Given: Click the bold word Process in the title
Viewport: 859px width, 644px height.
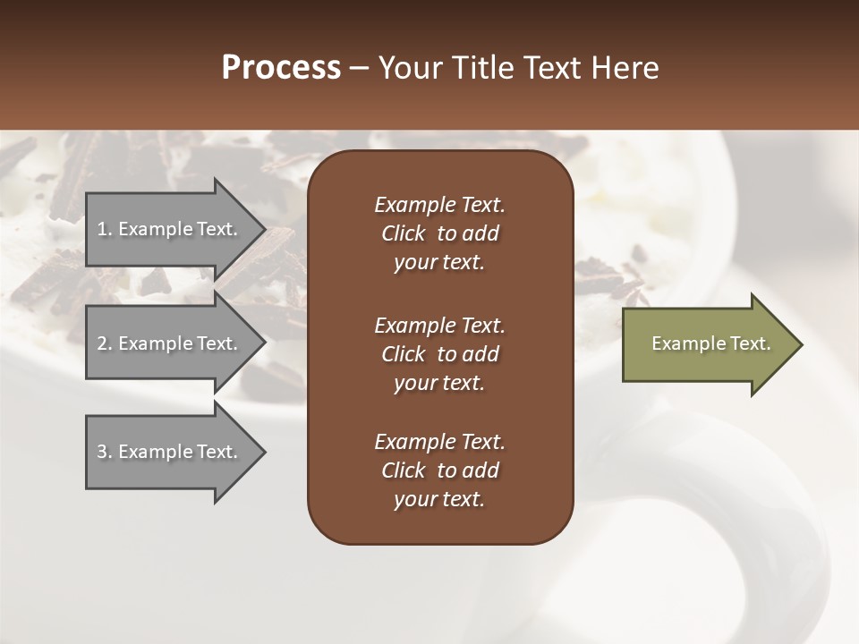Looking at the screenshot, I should point(281,68).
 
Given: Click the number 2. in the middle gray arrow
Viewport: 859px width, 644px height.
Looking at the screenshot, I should point(105,343).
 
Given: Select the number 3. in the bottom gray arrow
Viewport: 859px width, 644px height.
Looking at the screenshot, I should point(105,452).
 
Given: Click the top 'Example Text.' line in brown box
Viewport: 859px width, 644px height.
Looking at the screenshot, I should point(439,205).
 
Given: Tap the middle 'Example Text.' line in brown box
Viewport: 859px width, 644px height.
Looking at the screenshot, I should point(439,325).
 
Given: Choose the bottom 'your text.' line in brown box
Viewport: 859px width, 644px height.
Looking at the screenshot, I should point(439,500).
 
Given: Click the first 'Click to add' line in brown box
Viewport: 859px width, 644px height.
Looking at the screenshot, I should point(439,233).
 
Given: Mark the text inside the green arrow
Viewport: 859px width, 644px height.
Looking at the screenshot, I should point(710,343).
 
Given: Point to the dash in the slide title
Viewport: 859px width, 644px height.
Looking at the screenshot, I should point(360,69).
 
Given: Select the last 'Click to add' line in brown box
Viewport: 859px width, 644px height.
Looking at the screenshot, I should point(439,470).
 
